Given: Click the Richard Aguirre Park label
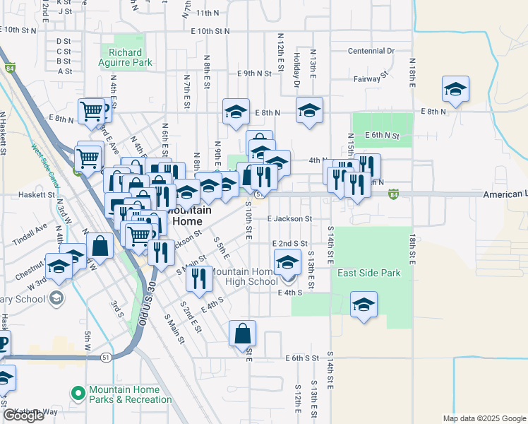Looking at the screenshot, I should pyautogui.click(x=126, y=57).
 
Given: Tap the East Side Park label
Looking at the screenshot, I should pyautogui.click(x=368, y=273).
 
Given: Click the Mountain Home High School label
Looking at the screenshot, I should pyautogui.click(x=242, y=276).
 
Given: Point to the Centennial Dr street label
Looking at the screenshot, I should pyautogui.click(x=371, y=51).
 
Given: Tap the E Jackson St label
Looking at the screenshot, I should pyautogui.click(x=289, y=219).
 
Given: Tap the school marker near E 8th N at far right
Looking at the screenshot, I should pyautogui.click(x=455, y=90).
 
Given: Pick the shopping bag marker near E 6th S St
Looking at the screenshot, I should pyautogui.click(x=242, y=334).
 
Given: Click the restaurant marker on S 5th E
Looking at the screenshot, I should pyautogui.click(x=199, y=278).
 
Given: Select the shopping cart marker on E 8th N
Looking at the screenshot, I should pyautogui.click(x=92, y=112).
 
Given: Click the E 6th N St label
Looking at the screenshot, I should pyautogui.click(x=382, y=135).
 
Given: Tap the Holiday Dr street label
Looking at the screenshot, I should pyautogui.click(x=297, y=71).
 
